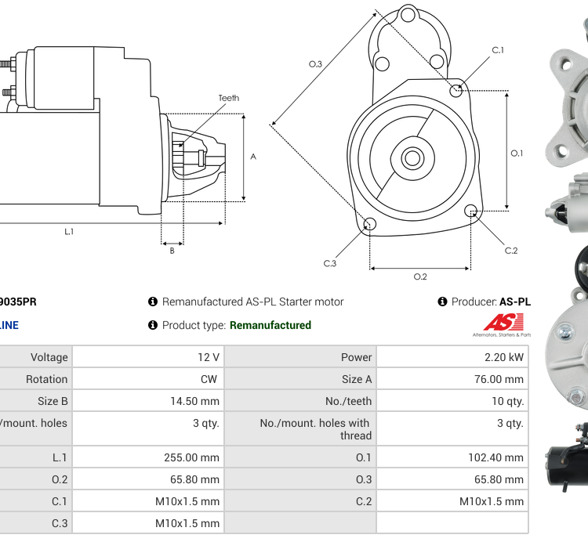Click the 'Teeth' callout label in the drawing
228,98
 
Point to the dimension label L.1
69,231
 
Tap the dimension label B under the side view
172,251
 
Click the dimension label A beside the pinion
253,157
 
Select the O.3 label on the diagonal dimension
315,64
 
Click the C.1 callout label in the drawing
498,50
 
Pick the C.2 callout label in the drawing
511,251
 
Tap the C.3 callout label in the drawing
329,264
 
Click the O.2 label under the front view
420,276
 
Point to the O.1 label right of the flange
517,154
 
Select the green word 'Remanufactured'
270,325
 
